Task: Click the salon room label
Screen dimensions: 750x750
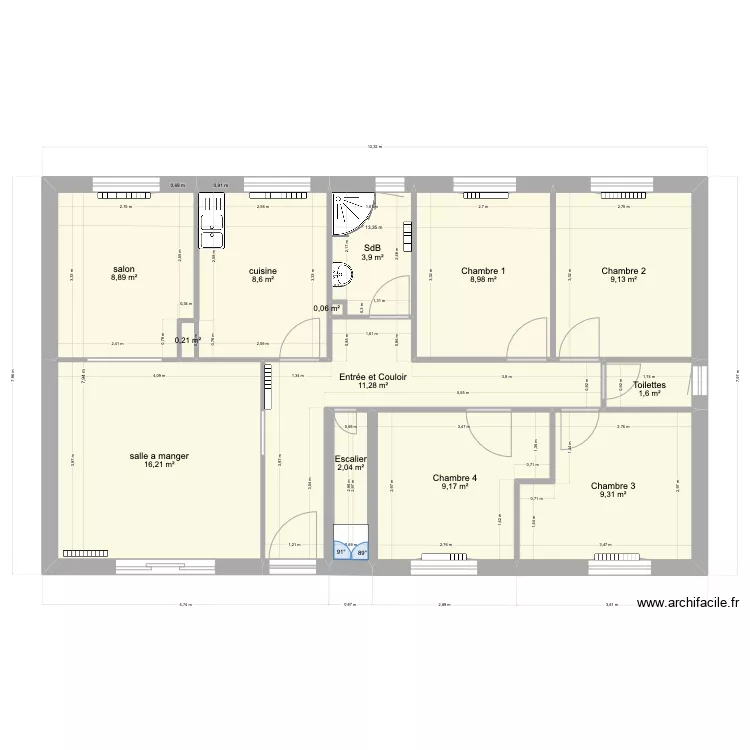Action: (124, 270)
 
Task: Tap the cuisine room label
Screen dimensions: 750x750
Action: (263, 271)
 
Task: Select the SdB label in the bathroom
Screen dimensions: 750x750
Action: (372, 249)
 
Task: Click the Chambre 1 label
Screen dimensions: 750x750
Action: (483, 271)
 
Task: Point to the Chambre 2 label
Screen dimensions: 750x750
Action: (623, 271)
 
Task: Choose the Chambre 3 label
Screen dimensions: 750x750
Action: (613, 486)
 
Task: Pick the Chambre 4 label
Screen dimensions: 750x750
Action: (455, 478)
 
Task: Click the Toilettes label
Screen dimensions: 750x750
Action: (650, 385)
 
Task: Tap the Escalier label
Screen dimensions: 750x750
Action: (351, 459)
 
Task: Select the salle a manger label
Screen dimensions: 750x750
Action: (159, 456)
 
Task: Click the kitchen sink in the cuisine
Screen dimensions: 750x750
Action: (212, 219)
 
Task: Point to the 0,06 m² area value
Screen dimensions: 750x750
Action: (326, 309)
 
